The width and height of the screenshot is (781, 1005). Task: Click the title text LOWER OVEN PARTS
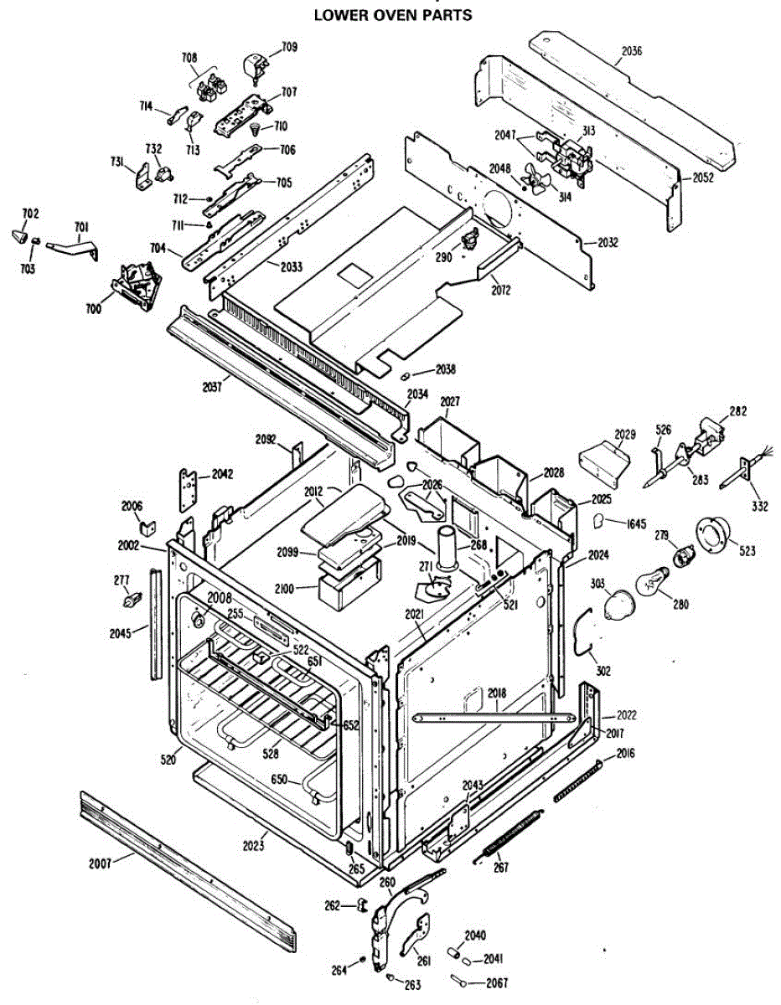(393, 15)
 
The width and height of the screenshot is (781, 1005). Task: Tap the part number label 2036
(632, 51)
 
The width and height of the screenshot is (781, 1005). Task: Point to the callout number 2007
(101, 863)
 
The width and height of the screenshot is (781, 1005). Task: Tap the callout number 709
(289, 47)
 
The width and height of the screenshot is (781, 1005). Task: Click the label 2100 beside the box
(284, 590)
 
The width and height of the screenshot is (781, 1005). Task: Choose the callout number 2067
(496, 982)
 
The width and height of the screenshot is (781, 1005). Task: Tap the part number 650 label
(279, 781)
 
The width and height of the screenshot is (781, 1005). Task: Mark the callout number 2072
(501, 290)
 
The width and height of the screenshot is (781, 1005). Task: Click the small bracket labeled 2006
(147, 528)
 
